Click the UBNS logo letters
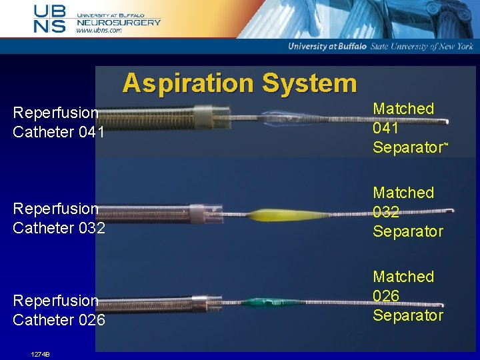pos(51,18)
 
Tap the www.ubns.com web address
pos(99,30)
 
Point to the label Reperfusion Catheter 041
pos(58,123)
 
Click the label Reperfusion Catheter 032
pos(58,219)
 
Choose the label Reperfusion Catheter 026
pos(58,311)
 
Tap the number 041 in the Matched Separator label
pos(387,128)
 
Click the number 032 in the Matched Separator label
pos(387,212)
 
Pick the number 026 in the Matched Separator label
pos(387,295)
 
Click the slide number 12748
pos(41,354)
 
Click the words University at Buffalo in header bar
pos(327,46)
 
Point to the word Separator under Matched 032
pos(407,231)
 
